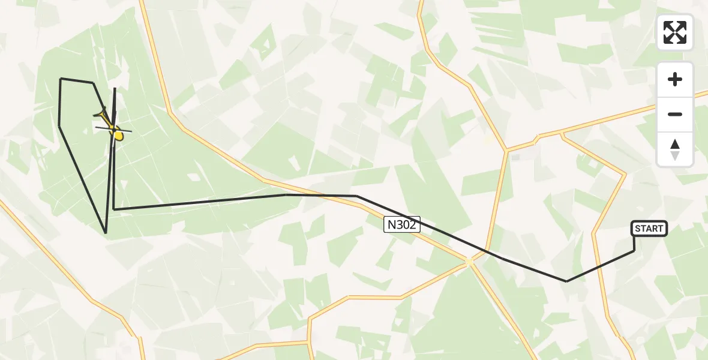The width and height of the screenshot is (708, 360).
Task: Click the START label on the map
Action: coord(649,228)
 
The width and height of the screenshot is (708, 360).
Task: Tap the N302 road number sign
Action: coord(402,225)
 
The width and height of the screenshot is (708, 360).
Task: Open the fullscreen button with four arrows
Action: coord(675,32)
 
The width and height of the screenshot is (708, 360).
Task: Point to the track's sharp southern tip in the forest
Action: coord(106,233)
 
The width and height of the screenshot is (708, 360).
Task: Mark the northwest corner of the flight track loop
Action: coord(61,79)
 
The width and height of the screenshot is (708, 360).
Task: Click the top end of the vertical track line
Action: coord(115,88)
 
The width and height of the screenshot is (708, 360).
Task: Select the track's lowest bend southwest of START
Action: coord(566,281)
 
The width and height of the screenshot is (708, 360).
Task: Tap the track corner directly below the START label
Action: coord(634,250)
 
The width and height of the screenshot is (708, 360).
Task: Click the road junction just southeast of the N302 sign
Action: coord(470,261)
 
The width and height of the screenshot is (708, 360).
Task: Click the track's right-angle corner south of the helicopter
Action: coord(113,209)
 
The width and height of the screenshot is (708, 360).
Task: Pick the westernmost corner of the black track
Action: coord(59,125)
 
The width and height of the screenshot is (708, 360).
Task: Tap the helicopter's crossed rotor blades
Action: coord(113,128)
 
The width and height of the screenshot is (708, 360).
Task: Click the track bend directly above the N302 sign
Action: coord(357,196)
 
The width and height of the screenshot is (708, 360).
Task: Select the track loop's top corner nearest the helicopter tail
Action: coord(93,83)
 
